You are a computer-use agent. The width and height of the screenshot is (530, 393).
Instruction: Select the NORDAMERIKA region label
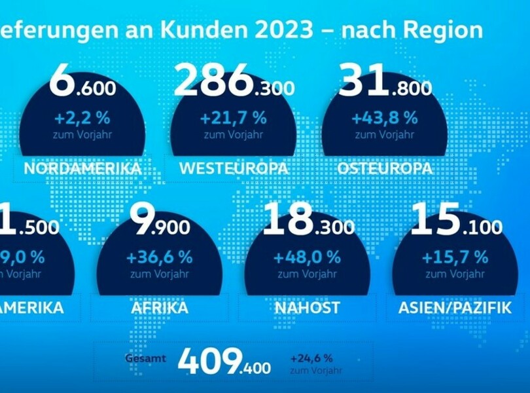click(x=82, y=168)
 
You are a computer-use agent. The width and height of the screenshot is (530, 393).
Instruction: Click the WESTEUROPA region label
click(x=234, y=168)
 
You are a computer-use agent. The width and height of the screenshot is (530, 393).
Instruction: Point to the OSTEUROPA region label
click(x=385, y=168)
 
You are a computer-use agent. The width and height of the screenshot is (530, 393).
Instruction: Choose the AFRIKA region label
click(x=159, y=308)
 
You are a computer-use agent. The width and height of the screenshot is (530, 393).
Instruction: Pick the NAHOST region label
click(x=308, y=308)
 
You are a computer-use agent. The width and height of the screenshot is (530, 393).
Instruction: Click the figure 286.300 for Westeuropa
click(x=234, y=84)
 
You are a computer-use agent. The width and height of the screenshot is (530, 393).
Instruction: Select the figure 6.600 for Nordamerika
click(x=82, y=84)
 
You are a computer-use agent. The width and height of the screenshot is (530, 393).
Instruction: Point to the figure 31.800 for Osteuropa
click(x=385, y=84)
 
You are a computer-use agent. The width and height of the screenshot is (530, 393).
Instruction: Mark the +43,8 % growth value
click(x=385, y=119)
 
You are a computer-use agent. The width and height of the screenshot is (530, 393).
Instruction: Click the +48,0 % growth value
click(x=308, y=257)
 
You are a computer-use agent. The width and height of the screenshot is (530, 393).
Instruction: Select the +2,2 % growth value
click(x=82, y=119)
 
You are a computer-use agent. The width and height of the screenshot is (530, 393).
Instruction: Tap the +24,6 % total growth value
click(x=311, y=358)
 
